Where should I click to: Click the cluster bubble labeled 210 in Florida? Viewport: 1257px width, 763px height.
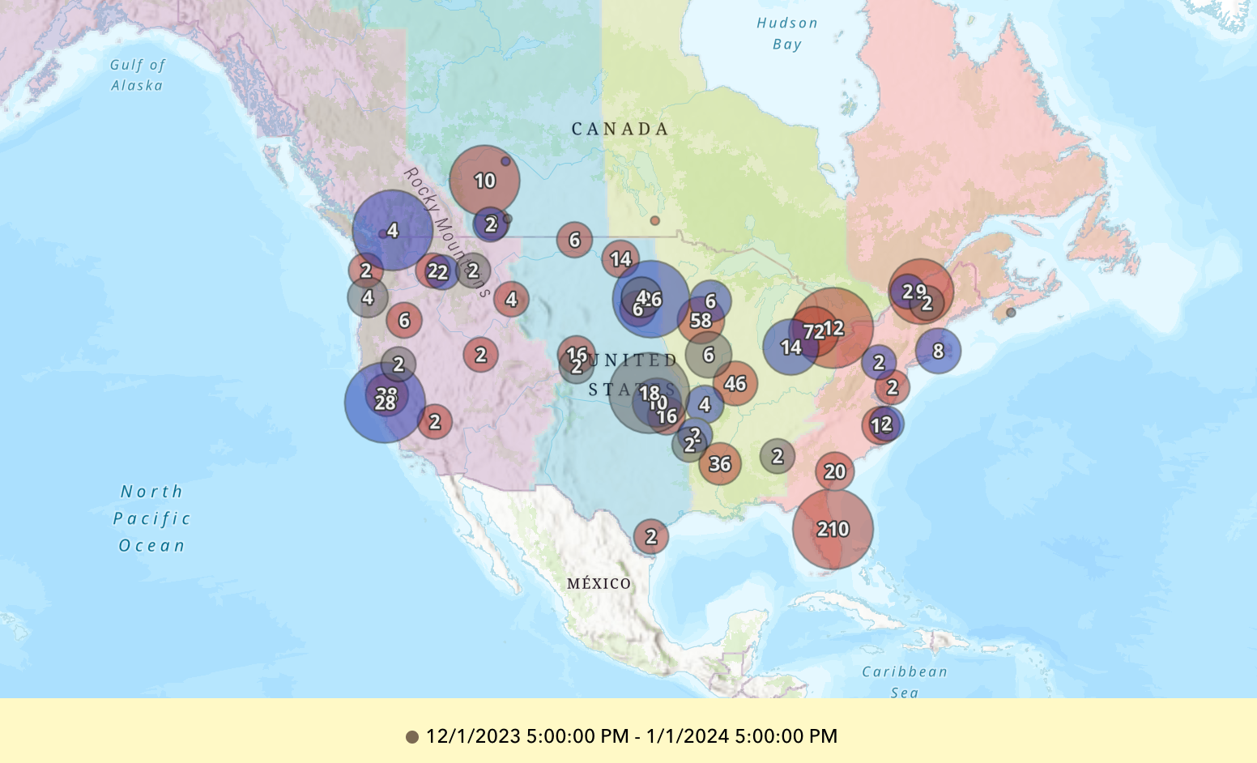point(833,529)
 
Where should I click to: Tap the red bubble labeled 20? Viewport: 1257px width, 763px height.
point(834,471)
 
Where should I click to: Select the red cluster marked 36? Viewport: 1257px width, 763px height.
point(720,464)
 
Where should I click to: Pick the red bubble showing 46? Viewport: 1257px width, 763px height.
point(735,384)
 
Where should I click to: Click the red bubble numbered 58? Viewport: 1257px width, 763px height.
point(701,321)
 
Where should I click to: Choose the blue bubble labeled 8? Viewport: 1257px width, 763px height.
point(938,351)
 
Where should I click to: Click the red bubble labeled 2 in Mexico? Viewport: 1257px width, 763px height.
point(651,536)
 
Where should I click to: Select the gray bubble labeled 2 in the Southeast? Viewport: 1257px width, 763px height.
point(778,457)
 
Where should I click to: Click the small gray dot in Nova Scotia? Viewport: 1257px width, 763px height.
point(1011,313)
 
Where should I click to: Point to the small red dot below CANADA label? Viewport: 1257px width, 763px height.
point(654,220)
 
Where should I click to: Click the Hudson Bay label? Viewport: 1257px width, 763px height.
point(787,34)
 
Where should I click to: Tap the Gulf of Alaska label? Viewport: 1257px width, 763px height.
point(138,75)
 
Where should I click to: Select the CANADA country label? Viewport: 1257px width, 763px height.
point(620,129)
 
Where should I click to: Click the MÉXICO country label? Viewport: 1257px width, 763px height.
point(599,583)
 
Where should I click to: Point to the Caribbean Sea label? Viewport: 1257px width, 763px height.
point(904,681)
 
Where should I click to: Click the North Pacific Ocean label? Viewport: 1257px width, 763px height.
point(151,518)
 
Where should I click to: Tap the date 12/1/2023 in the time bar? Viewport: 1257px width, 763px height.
point(473,736)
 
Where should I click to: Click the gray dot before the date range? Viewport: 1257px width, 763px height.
point(412,737)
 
